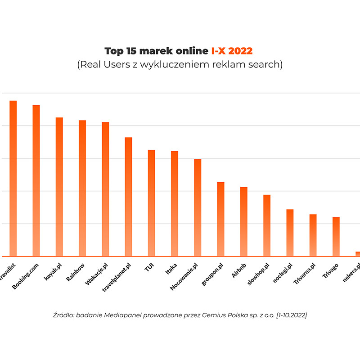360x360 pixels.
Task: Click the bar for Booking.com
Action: tap(36, 180)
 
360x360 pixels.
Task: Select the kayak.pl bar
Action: tap(59, 187)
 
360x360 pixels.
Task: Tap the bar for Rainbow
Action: tap(82, 188)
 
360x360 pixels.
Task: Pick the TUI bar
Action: tap(151, 203)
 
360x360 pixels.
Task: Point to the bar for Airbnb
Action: tap(243, 221)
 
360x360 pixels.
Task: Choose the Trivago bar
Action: tap(336, 237)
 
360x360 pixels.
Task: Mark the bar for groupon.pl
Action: tap(220, 219)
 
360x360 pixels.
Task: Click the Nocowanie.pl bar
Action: tap(198, 207)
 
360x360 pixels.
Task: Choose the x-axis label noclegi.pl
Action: tap(283, 273)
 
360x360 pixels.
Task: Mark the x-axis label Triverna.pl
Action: tap(305, 274)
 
